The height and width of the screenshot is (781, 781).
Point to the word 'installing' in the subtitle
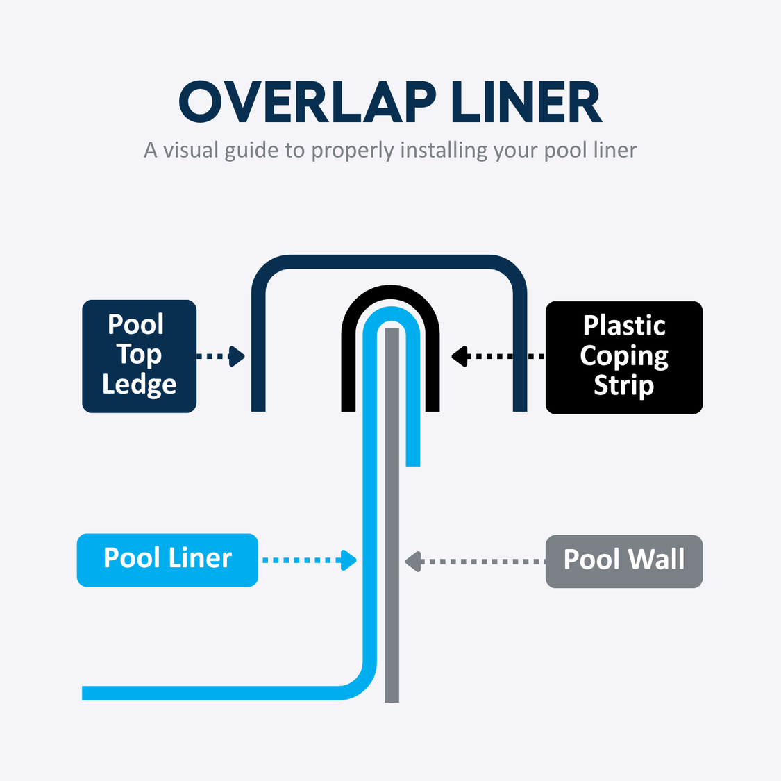(x=444, y=150)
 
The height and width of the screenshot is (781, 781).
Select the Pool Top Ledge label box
(x=139, y=356)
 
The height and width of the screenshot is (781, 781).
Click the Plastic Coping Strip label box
(x=624, y=357)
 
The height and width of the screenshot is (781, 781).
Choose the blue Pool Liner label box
(x=167, y=560)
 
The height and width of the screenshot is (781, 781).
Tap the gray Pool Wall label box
(x=624, y=561)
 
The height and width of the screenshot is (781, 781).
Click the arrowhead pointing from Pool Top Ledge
(x=237, y=356)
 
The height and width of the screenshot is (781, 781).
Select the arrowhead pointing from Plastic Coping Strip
(x=459, y=356)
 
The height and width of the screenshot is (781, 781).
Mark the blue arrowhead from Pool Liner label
(x=348, y=560)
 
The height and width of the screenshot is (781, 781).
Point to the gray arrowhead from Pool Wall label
(x=413, y=561)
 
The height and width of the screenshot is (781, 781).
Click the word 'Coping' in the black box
(x=624, y=356)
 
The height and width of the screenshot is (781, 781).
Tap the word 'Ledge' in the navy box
(x=139, y=385)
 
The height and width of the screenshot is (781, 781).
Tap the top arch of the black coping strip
(x=390, y=292)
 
